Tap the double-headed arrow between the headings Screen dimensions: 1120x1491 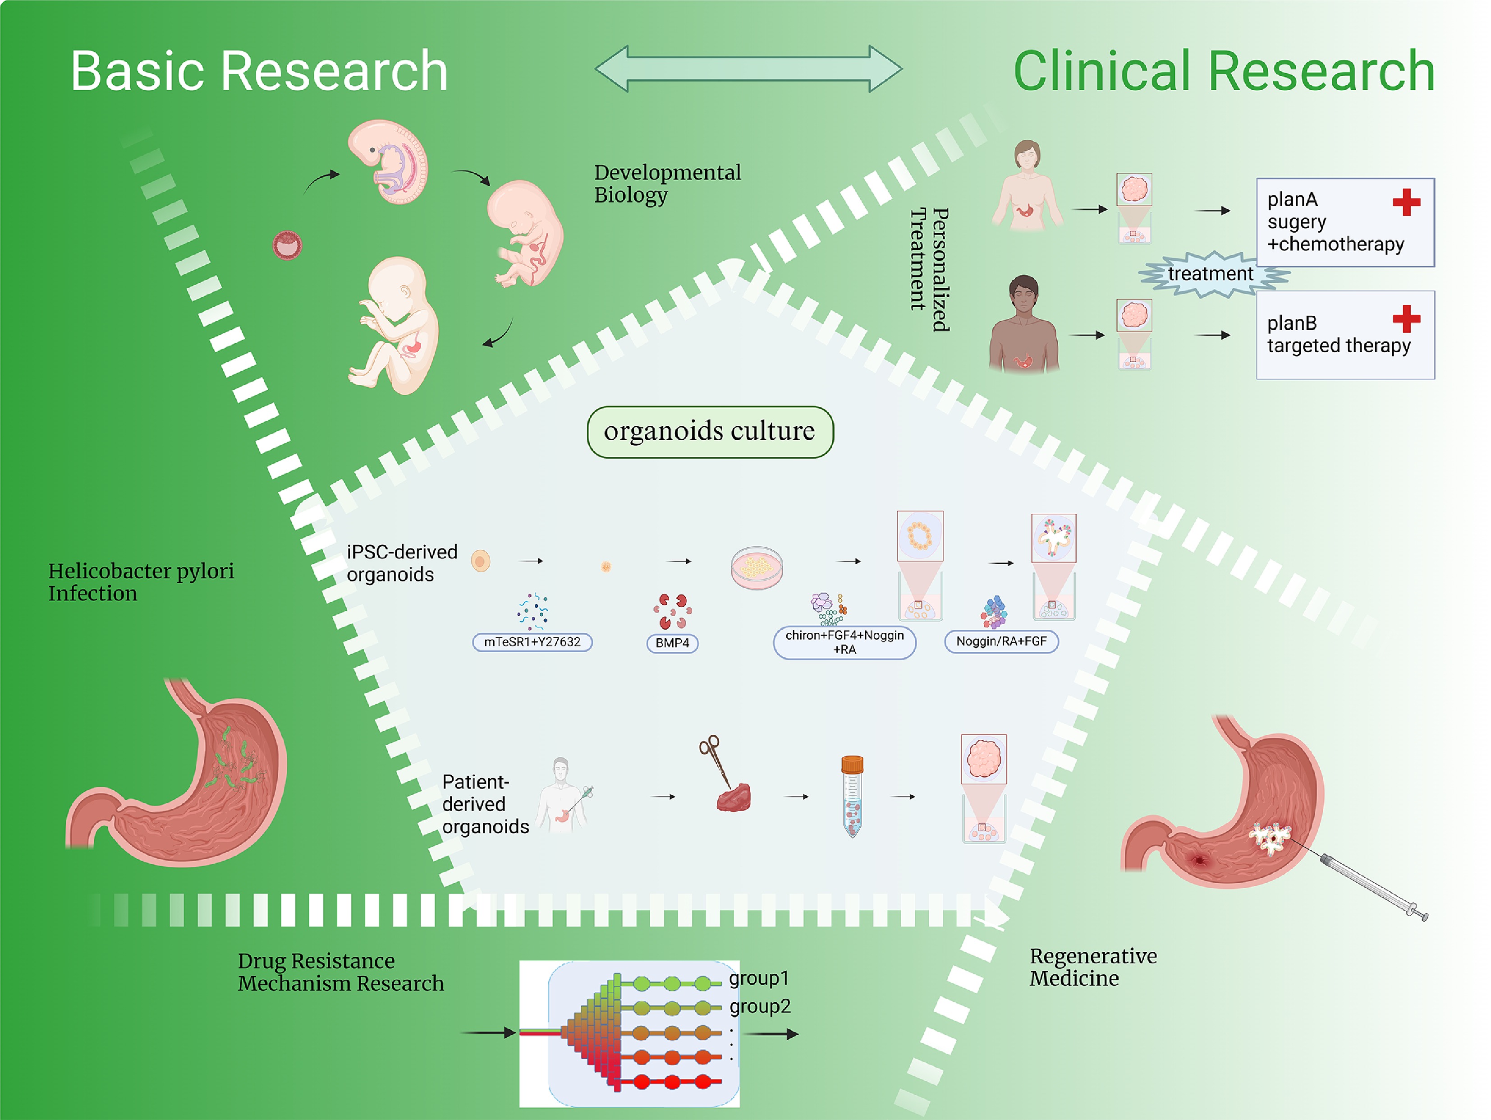[x=748, y=69]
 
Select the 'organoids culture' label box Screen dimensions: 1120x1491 [x=710, y=432]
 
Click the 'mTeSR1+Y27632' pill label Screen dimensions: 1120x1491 [x=532, y=642]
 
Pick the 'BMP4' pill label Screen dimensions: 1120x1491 [x=672, y=643]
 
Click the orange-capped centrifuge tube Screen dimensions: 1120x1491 [x=852, y=796]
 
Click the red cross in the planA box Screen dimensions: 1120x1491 [x=1406, y=202]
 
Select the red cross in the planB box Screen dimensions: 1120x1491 [x=1406, y=319]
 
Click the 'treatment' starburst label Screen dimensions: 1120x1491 [x=1211, y=274]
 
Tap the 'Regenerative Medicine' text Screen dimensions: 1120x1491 [x=1092, y=967]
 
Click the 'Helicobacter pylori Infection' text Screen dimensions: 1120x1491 [x=141, y=582]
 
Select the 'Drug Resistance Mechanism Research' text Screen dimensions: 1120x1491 [x=340, y=972]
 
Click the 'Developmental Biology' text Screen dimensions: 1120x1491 [x=667, y=184]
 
